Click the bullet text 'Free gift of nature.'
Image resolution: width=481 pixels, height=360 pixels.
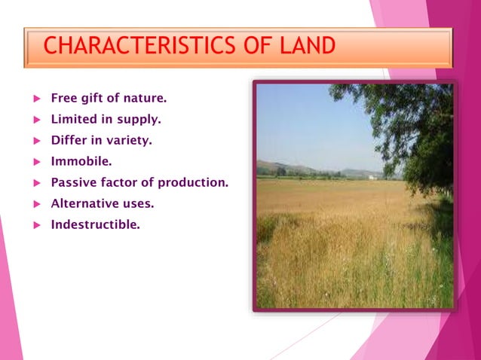click(x=109, y=98)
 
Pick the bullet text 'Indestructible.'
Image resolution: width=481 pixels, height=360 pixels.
click(x=95, y=224)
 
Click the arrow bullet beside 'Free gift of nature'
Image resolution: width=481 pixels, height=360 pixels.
click(x=35, y=99)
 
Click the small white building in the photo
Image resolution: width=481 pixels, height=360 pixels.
click(x=372, y=177)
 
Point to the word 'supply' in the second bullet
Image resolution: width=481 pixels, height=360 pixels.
click(x=141, y=119)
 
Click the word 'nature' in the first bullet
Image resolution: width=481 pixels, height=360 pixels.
click(x=146, y=98)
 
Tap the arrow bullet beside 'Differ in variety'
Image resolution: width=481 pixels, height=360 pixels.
click(x=35, y=140)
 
